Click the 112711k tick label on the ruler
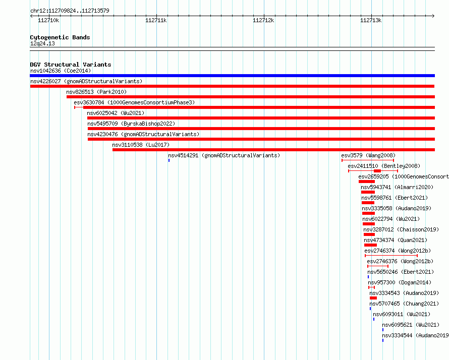click(156, 20)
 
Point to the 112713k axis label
click(370, 20)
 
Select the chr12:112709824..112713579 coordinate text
click(70, 11)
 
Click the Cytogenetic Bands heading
click(60, 37)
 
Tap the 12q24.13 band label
click(42, 43)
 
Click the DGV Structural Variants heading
click(71, 65)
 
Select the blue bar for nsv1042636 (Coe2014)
click(232, 76)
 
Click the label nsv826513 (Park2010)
click(96, 92)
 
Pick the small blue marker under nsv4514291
click(169, 160)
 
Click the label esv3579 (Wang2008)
click(368, 155)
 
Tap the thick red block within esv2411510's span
click(377, 171)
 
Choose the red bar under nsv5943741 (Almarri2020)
click(368, 192)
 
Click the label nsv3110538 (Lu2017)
click(141, 145)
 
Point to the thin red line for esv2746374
click(391, 256)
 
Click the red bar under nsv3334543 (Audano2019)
click(373, 298)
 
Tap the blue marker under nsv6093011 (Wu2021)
click(374, 319)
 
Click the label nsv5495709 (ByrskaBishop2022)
click(131, 124)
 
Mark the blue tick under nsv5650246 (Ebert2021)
click(368, 277)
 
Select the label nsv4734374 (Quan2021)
click(396, 240)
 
